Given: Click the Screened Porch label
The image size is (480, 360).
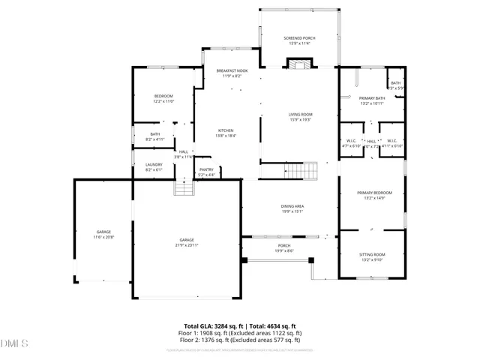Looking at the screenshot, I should pos(299,37).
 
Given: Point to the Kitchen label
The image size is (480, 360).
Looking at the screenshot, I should pos(226,130).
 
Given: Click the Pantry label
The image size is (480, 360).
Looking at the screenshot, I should pos(206,170).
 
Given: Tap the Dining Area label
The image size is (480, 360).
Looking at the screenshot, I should pos(292,206).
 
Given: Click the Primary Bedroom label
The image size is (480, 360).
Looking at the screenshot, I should pos(371,193).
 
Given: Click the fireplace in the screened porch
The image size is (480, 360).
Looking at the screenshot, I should pos(299,65).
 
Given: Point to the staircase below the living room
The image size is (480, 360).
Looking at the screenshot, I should pos(303,170).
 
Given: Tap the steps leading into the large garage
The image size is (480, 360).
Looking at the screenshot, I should pos(184,187).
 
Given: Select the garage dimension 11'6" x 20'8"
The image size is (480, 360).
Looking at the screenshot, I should pos(103,237).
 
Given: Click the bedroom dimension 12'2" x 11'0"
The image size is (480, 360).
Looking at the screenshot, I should pos(163,101).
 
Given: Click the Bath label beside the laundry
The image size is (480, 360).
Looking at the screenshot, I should pos(155,134).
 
